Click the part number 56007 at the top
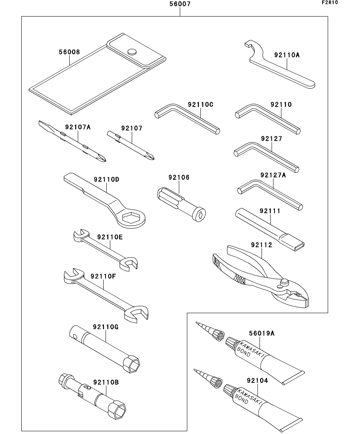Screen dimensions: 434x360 pyautogui.click(x=180, y=5)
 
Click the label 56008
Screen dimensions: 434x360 pyautogui.click(x=69, y=52)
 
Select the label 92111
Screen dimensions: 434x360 pyautogui.click(x=270, y=211)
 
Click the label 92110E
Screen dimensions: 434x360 pyautogui.click(x=110, y=237)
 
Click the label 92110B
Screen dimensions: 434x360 pyautogui.click(x=106, y=382)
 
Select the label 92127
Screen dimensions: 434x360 pyautogui.click(x=271, y=139)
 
